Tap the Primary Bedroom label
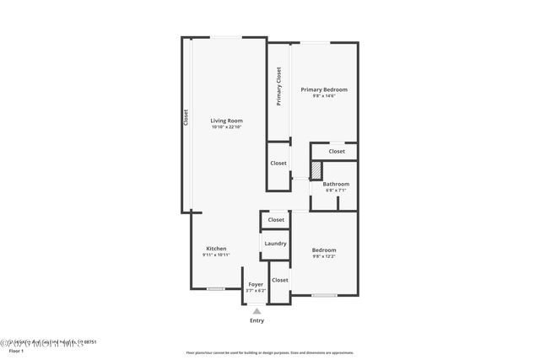(x=324, y=89)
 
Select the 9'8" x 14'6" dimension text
(x=324, y=96)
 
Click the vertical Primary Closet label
(x=278, y=87)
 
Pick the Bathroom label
(x=336, y=184)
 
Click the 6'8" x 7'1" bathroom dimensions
(x=336, y=191)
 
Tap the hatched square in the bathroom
(x=316, y=170)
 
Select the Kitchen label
(x=217, y=249)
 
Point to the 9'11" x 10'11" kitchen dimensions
(x=217, y=255)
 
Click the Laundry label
(x=275, y=244)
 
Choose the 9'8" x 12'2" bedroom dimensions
(x=324, y=256)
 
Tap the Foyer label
(x=255, y=284)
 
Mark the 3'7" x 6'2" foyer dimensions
(x=255, y=291)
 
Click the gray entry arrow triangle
(x=256, y=311)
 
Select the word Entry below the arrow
(x=256, y=321)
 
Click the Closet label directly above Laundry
(x=276, y=220)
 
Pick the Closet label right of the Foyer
(x=280, y=280)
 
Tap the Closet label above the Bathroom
(x=337, y=152)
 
